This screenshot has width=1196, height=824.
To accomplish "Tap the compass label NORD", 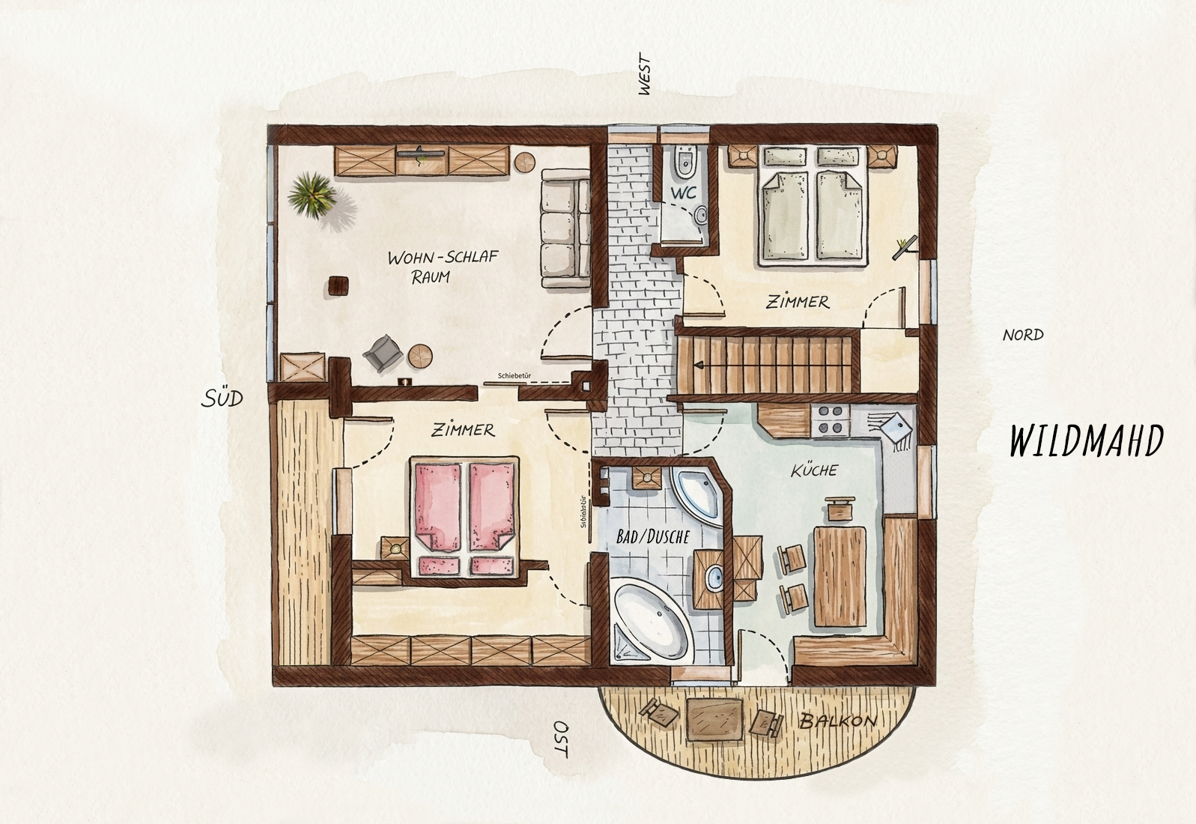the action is (1023, 335).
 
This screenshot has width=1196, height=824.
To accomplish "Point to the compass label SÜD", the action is (222, 398).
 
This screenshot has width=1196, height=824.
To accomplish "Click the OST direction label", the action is (559, 739).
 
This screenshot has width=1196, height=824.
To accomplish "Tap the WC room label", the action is (684, 193).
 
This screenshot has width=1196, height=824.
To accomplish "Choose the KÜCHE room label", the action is (814, 470).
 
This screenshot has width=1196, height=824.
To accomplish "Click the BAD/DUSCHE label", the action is (653, 536).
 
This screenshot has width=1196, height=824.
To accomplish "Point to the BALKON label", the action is (838, 721).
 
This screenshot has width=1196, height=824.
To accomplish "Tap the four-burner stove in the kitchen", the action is (830, 419).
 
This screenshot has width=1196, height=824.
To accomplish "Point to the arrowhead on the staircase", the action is (699, 366).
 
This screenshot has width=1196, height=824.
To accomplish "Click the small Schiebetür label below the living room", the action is (514, 376).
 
